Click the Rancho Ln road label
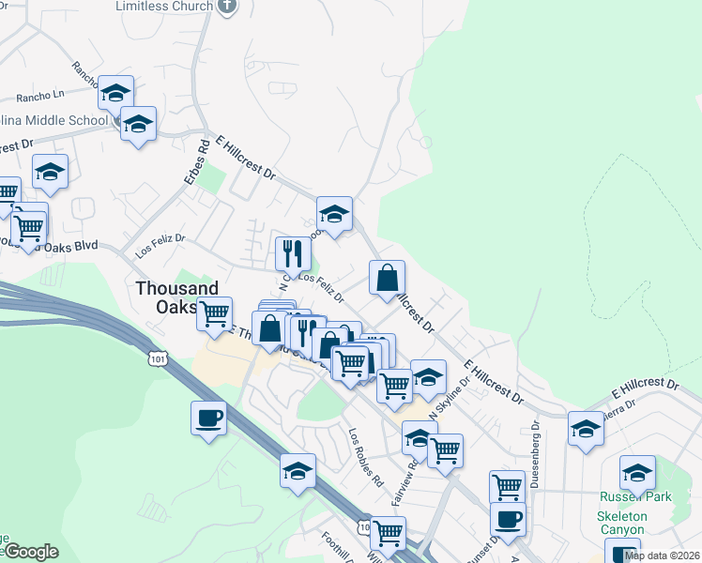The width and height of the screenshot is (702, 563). [x=39, y=95]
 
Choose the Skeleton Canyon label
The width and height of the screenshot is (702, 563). [x=635, y=525]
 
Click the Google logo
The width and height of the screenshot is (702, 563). [x=30, y=552]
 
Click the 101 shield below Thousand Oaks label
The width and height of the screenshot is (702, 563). [x=158, y=358]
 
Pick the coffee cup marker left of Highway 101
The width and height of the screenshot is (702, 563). [x=208, y=417]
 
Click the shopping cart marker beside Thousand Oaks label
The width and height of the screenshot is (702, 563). [x=215, y=312]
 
